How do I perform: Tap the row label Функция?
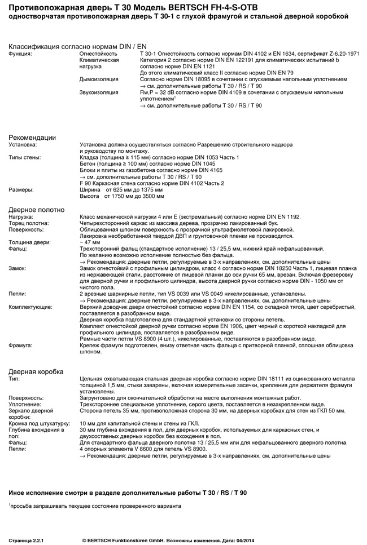point(20,53)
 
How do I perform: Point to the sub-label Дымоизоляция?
point(99,79)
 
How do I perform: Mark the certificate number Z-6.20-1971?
point(339,53)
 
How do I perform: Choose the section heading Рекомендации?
point(32,138)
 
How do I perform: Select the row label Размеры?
point(20,190)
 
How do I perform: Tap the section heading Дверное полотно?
point(36,210)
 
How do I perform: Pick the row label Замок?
point(18,268)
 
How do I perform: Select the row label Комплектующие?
point(30,307)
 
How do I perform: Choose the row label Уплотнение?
point(25,404)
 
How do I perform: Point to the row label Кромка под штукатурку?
point(39,423)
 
